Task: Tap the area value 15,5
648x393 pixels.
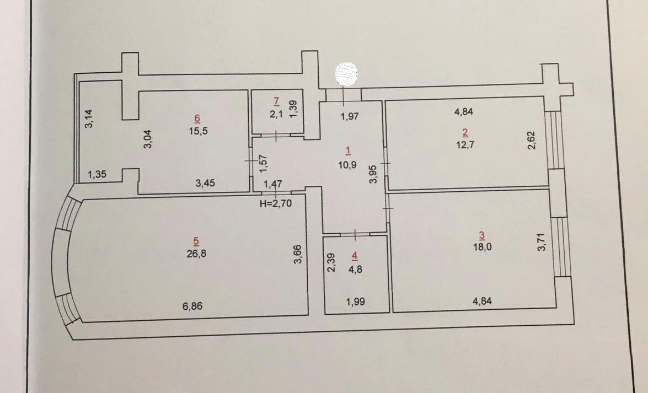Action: (199, 131)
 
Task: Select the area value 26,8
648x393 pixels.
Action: (196, 254)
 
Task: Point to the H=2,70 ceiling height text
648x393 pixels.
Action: (276, 203)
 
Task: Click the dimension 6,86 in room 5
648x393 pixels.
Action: (192, 306)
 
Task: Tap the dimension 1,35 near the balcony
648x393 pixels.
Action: (97, 174)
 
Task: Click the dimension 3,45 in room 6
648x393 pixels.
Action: (205, 182)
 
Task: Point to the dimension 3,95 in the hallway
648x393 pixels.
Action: (373, 174)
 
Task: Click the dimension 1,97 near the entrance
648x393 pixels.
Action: (350, 116)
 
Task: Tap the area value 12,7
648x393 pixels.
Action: (465, 144)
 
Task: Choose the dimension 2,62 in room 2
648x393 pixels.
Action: (532, 141)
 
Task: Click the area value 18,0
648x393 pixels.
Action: (483, 247)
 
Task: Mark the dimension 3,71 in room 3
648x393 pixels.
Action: (542, 242)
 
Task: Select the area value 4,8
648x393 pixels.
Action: (355, 269)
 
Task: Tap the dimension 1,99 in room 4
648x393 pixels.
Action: (355, 302)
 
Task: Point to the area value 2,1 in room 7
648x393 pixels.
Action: (276, 114)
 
